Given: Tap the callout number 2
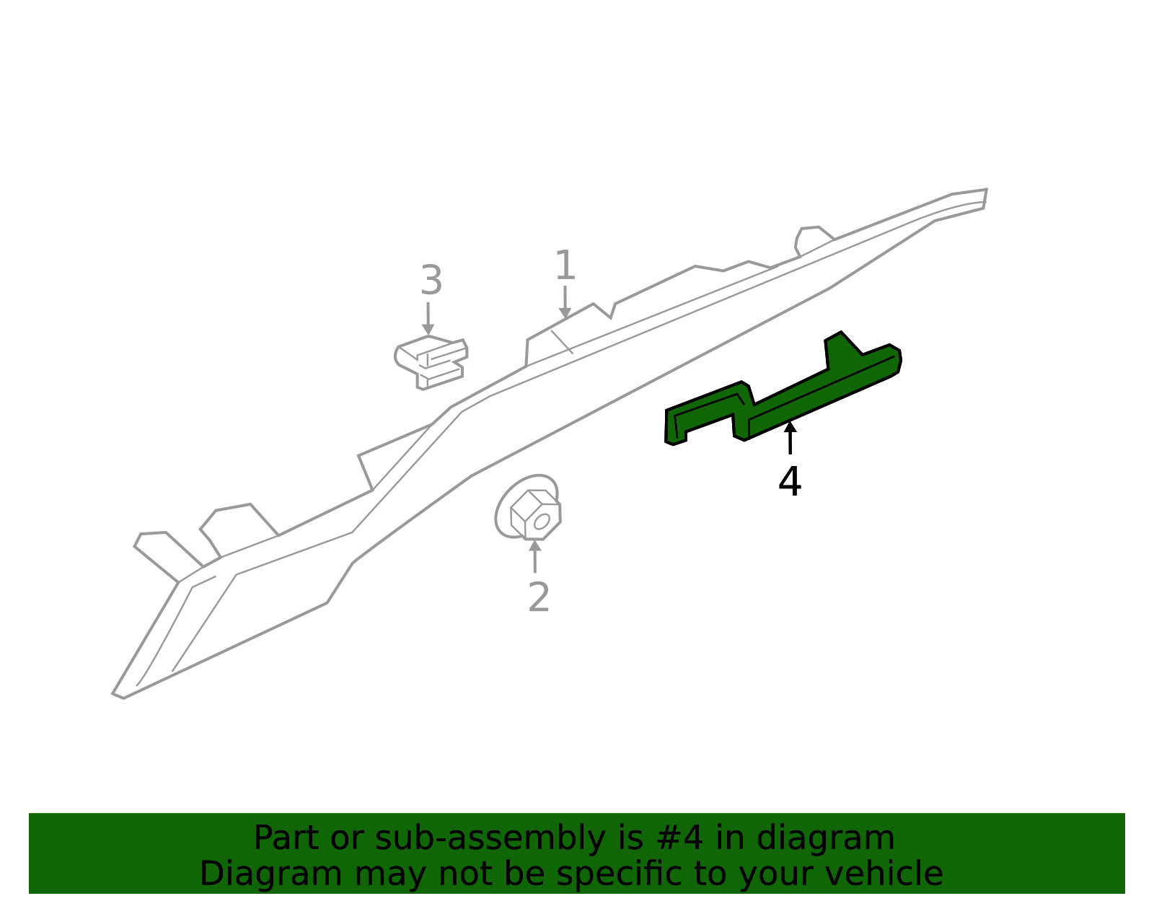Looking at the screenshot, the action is coord(539,597).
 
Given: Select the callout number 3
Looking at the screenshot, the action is coord(431,281).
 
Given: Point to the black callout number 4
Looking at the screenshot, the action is coord(789,481).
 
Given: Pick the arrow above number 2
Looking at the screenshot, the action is coord(534,556).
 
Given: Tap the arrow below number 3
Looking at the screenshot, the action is coord(428,319).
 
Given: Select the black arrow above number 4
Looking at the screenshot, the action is coord(790,438).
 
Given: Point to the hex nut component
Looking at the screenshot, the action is coord(529,508).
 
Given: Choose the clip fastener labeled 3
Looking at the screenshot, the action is coord(431,362).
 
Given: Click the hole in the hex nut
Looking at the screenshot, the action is coord(541,522).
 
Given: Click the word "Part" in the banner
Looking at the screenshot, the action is coord(285,839).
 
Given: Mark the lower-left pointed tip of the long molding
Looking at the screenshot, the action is coord(112,693).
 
